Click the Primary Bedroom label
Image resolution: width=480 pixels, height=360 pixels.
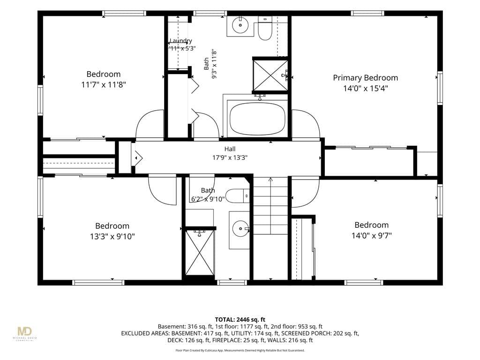coord(365,78)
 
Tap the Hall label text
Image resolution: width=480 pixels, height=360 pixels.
coord(230,149)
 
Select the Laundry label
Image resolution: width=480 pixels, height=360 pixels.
coord(180,41)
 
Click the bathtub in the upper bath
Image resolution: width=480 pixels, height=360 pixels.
coord(257,119)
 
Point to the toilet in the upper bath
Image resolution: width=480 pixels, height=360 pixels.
coord(265,29)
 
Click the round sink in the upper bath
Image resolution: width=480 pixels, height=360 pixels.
coord(240,25)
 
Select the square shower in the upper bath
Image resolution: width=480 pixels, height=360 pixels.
coord(270,75)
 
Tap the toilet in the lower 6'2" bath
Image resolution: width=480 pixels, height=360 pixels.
coord(237,195)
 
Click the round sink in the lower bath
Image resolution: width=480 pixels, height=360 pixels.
coord(240,228)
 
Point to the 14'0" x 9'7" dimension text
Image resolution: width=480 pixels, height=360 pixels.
coord(372,235)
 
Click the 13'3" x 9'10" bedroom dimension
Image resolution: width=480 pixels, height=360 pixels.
coord(112,236)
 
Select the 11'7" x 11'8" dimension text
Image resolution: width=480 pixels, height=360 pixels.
coord(104,84)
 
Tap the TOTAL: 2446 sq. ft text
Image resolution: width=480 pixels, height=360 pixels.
coord(240,320)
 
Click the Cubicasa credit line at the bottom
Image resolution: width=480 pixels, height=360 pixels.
coord(240,350)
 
